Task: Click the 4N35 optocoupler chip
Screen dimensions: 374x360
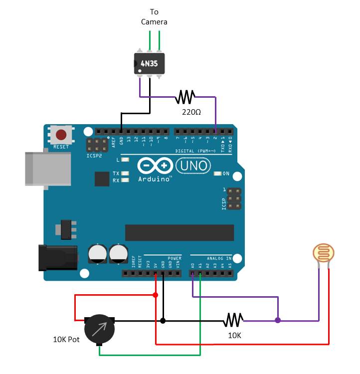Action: (x=150, y=63)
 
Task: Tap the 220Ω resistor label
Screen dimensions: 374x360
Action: (x=191, y=112)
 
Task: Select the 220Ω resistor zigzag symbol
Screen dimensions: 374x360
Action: (x=185, y=97)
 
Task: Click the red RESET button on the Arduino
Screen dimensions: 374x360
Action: (x=61, y=135)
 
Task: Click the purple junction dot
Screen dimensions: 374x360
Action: (x=278, y=320)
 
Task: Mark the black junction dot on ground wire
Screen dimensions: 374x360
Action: (x=163, y=320)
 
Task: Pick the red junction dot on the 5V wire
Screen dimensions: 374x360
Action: (x=156, y=295)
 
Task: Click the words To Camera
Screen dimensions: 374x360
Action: (x=154, y=16)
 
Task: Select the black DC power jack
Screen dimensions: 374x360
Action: (x=57, y=257)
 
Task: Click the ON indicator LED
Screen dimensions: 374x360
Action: (x=217, y=174)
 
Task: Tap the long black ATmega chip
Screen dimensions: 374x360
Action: (x=179, y=232)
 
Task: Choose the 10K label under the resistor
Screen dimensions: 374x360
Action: (x=234, y=335)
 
